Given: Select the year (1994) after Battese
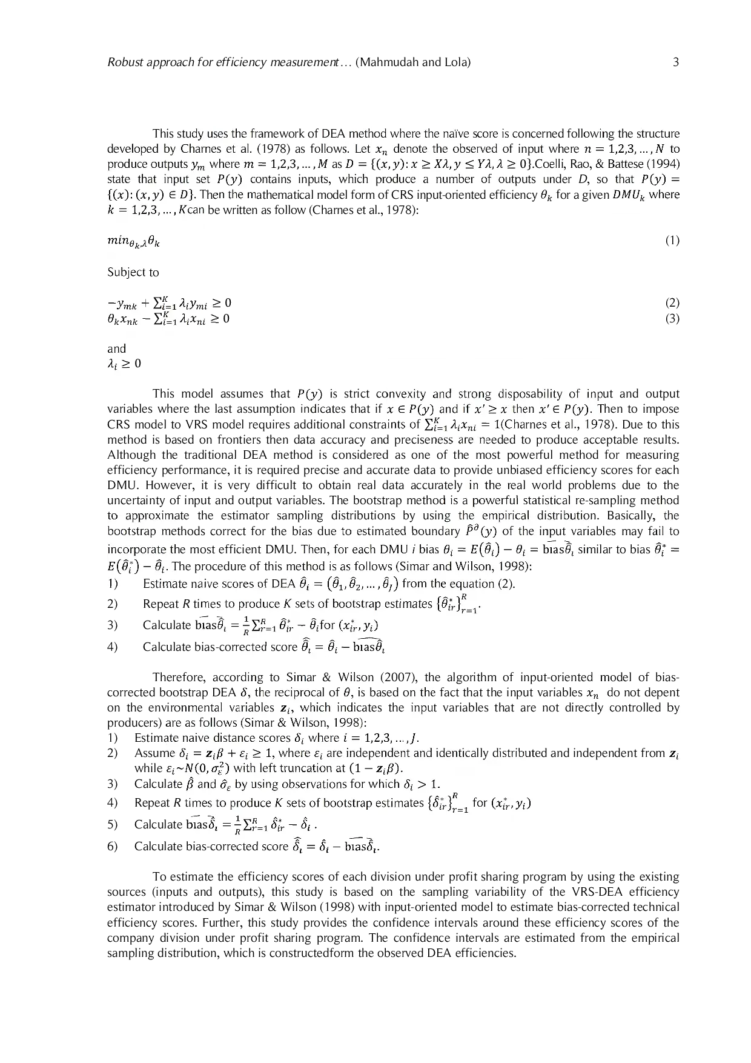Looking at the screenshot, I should [x=665, y=164].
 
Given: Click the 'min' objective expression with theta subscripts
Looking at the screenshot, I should [x=134, y=241].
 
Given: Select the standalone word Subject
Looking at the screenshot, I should [x=127, y=272].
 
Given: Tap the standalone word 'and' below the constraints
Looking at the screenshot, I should [x=116, y=348].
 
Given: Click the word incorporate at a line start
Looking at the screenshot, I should [x=142, y=549].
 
